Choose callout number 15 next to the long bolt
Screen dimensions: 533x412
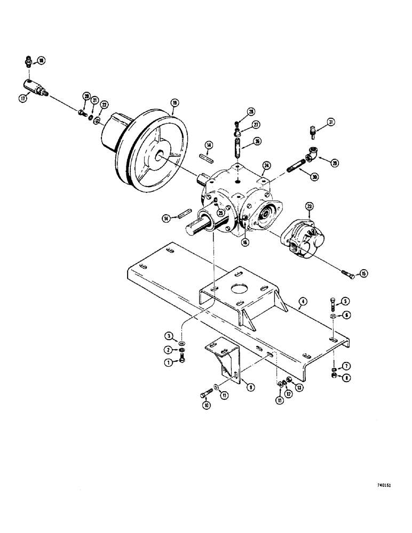tap(364, 274)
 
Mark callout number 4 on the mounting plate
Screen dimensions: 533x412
tap(302, 302)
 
